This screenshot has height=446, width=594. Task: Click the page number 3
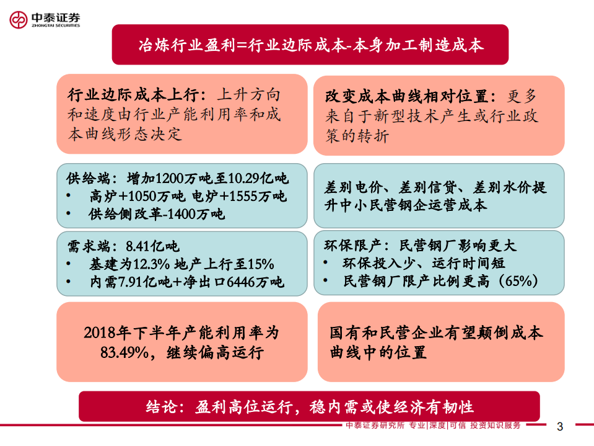click(560, 427)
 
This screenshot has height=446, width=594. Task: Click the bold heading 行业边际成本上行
click(133, 96)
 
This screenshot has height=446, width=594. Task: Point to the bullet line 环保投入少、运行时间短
click(424, 264)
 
